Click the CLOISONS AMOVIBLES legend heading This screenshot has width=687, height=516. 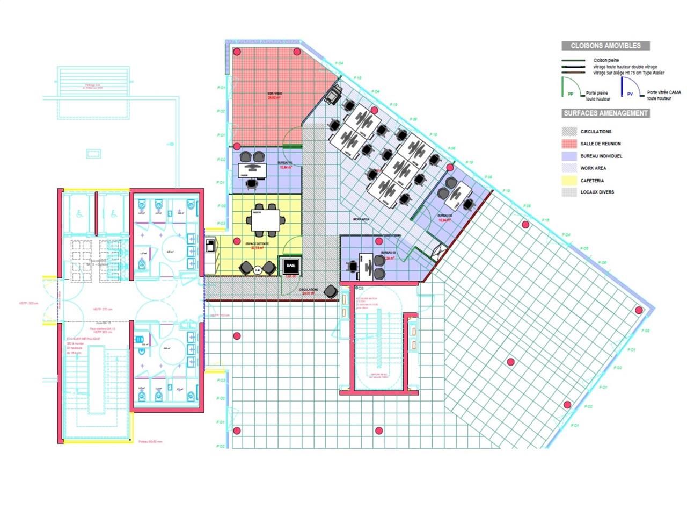[605, 46]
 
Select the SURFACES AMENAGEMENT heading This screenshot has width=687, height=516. [605, 113]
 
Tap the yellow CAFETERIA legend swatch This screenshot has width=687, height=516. [569, 181]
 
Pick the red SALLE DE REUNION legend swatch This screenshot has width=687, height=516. [569, 144]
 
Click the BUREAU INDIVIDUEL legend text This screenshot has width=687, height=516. [601, 156]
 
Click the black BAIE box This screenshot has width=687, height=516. [291, 266]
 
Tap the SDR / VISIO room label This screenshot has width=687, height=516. [275, 94]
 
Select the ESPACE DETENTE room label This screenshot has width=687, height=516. [257, 244]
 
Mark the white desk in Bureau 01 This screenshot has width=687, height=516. [252, 170]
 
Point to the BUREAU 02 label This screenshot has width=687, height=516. [444, 216]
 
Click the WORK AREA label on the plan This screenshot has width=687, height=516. [361, 219]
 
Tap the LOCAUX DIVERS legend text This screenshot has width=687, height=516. [597, 192]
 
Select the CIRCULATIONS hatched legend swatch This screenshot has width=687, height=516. [569, 131]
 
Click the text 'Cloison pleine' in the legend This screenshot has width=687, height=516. [606, 60]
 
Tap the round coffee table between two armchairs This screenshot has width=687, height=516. [258, 270]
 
